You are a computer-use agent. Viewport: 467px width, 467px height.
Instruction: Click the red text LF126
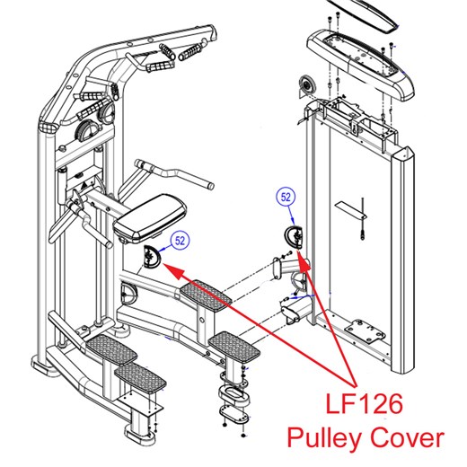(364, 404)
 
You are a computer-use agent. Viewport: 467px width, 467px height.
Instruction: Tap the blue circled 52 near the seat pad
(181, 241)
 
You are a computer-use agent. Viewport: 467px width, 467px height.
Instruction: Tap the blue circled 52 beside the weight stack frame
(286, 197)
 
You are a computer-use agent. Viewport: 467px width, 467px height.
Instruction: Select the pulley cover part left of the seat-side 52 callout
(152, 256)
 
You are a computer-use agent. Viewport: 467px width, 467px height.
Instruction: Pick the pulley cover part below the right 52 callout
(294, 237)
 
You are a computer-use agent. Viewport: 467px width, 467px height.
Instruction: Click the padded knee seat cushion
(150, 218)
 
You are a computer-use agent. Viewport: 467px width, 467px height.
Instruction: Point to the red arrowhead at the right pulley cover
(304, 260)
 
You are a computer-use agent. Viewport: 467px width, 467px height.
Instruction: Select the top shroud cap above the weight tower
(360, 65)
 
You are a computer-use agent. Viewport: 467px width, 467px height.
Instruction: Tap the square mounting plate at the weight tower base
(365, 332)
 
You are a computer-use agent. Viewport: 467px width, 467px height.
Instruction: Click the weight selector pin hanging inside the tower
(363, 218)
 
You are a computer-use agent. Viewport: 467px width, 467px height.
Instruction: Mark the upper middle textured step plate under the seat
(206, 295)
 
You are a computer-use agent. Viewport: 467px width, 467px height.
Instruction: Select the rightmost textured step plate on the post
(234, 347)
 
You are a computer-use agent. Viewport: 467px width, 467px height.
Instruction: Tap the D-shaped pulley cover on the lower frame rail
(128, 294)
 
